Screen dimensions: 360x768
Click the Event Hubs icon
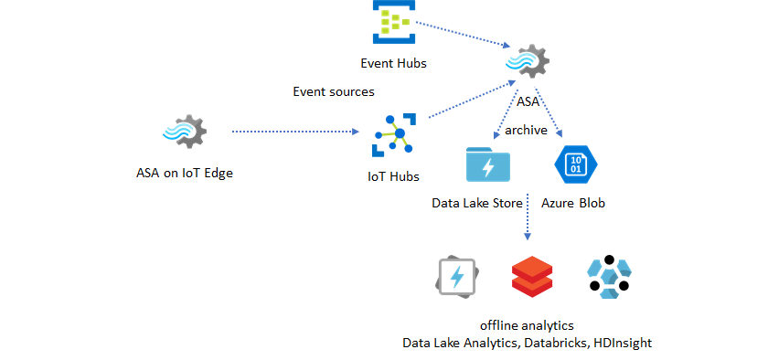(393, 22)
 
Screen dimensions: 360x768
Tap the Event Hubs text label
(393, 63)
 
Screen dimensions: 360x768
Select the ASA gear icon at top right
(528, 63)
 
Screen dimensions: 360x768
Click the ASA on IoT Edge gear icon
(184, 132)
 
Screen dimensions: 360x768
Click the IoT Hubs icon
(394, 135)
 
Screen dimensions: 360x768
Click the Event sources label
(333, 91)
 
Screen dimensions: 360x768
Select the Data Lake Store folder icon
(487, 166)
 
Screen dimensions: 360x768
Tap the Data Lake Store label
(476, 203)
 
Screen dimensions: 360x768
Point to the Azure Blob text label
(573, 203)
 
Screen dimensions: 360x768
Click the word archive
(527, 131)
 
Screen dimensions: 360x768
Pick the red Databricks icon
(532, 277)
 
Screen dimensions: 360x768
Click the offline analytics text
(528, 325)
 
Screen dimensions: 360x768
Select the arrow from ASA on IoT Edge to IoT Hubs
(293, 132)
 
